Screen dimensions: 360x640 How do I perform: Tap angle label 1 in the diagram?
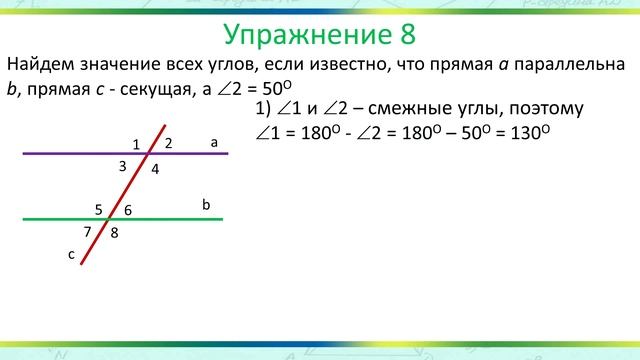click(136, 145)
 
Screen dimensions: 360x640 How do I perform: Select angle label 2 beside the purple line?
click(169, 143)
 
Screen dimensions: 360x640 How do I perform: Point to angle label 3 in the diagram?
click(122, 166)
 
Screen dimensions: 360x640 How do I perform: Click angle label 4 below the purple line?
click(155, 169)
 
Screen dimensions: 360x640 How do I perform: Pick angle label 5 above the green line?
click(99, 209)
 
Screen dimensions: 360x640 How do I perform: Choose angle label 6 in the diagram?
click(128, 210)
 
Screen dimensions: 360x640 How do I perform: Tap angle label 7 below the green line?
click(88, 231)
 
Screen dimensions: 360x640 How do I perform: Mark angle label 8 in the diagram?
click(115, 233)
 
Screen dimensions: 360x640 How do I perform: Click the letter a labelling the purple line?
click(214, 142)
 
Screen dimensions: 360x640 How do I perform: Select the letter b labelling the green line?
click(206, 204)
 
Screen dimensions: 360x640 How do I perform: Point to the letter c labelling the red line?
click(71, 255)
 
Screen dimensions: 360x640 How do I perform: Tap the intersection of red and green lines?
click(112, 219)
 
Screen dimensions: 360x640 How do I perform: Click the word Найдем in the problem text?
click(39, 64)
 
